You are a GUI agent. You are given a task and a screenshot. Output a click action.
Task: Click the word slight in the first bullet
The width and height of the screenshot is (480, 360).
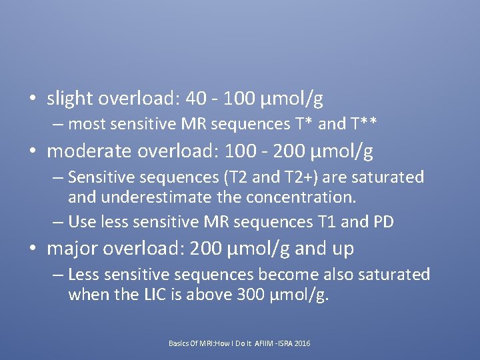(69, 99)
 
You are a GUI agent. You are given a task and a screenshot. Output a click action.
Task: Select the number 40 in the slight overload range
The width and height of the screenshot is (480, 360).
(197, 99)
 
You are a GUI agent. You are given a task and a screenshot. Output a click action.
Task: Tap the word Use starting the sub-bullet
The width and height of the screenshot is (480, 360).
(81, 221)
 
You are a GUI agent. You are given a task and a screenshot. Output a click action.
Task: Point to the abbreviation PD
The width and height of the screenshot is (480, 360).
(383, 221)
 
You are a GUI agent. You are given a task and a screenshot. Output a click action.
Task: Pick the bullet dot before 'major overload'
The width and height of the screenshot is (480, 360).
(33, 249)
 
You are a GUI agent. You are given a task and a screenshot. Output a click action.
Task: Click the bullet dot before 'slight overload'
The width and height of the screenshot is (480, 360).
(33, 99)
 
